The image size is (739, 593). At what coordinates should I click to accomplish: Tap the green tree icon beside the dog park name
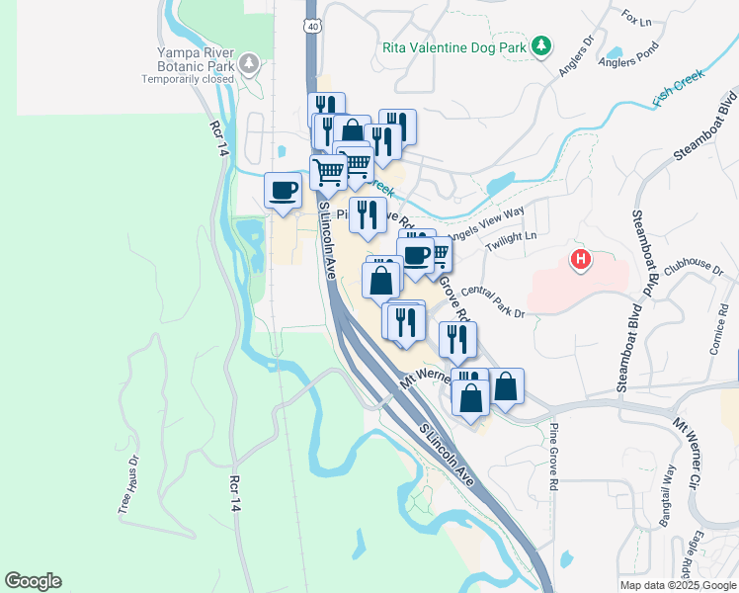coord(540,46)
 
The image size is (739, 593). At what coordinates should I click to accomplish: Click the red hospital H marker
coord(581,260)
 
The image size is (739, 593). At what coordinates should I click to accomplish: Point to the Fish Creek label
coord(679,88)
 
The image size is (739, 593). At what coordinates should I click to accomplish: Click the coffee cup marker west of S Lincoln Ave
coord(283,190)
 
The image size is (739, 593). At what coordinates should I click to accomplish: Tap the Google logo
coord(33,581)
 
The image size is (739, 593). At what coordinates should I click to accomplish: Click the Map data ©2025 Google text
coord(677,585)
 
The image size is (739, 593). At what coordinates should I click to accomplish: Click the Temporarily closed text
coord(194,79)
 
